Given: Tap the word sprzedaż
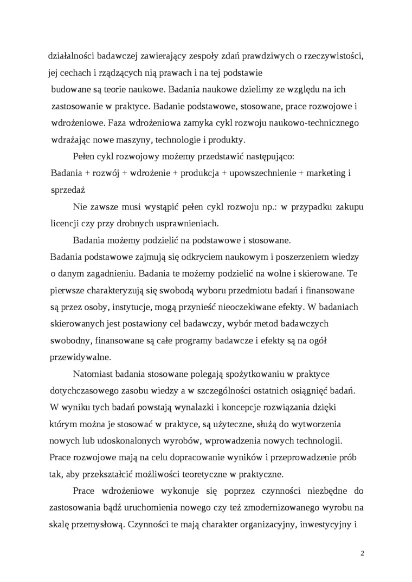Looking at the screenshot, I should (x=67, y=191).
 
